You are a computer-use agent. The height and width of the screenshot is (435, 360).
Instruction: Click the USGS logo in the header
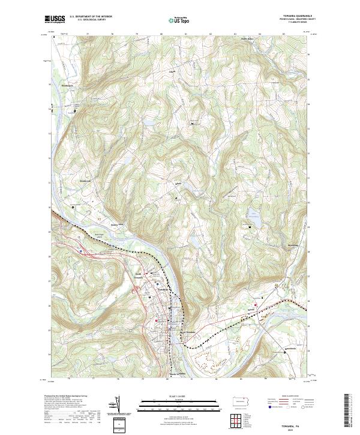[55, 19]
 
